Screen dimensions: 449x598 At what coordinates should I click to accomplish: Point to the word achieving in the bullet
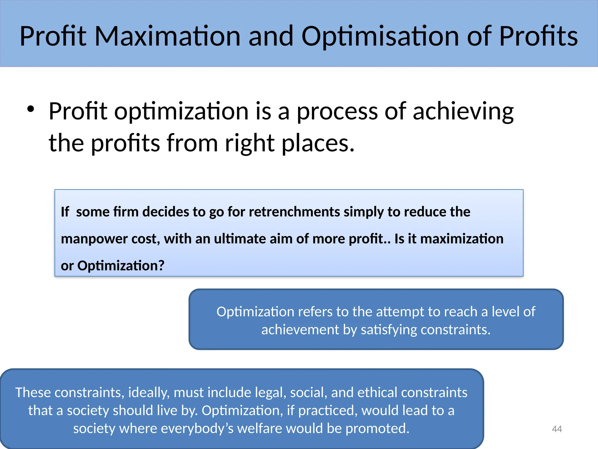(x=463, y=112)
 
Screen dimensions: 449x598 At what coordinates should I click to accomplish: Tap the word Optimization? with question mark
(x=121, y=266)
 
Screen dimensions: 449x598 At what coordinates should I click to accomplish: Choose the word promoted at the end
(x=378, y=428)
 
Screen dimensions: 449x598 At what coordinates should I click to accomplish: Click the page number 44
(x=557, y=429)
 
